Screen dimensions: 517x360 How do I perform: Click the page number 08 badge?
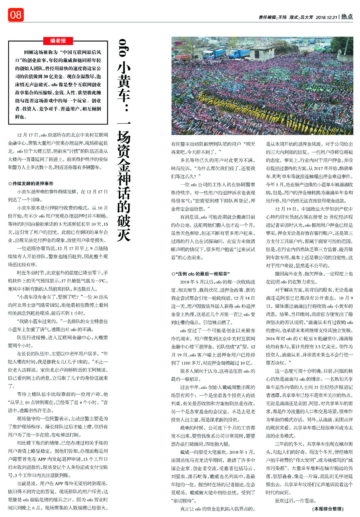pos(16,15)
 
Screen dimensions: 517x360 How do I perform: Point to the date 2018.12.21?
pos(326,17)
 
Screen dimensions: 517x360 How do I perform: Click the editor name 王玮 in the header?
pos(282,17)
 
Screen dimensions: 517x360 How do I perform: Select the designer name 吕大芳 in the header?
pos(306,17)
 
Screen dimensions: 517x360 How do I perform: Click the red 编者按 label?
pos(58,41)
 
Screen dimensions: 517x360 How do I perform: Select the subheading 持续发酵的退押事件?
pos(33,183)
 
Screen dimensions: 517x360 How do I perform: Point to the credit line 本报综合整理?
pos(328,509)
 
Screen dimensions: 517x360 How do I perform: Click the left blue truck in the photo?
pos(214,53)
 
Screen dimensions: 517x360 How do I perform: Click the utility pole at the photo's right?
pos(347,45)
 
